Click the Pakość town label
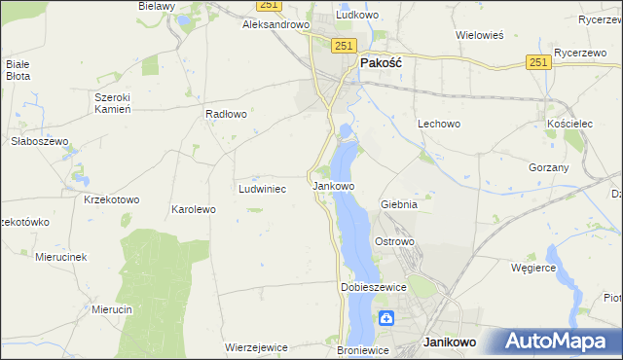[383, 61]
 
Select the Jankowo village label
[333, 185]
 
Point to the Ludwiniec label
[262, 189]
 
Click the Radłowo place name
[226, 114]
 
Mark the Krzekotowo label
[112, 199]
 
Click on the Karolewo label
[193, 209]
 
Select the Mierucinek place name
[61, 257]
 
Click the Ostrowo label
[395, 241]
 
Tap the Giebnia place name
[399, 205]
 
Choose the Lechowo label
[438, 125]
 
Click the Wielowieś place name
[479, 35]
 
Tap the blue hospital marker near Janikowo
[386, 317]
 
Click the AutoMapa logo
[559, 342]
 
